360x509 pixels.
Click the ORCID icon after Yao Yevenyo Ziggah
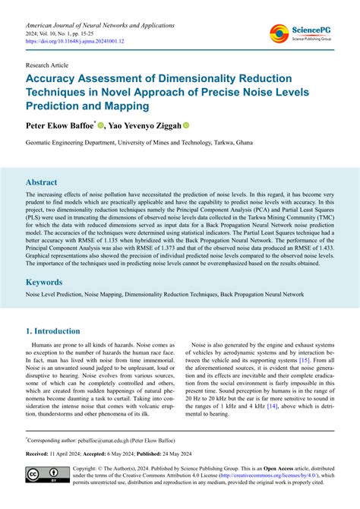[x=185, y=125]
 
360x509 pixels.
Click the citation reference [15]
[x=304, y=381]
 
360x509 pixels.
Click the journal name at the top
[x=99, y=24]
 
